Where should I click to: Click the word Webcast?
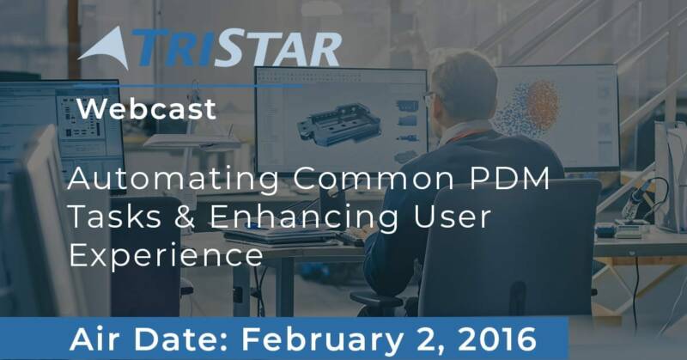click(147, 109)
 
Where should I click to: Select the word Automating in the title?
click(173, 180)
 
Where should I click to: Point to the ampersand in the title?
click(184, 217)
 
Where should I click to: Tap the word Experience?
click(166, 256)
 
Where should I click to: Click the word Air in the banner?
click(96, 339)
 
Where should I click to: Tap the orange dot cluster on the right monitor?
click(543, 105)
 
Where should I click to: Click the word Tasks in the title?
click(115, 217)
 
